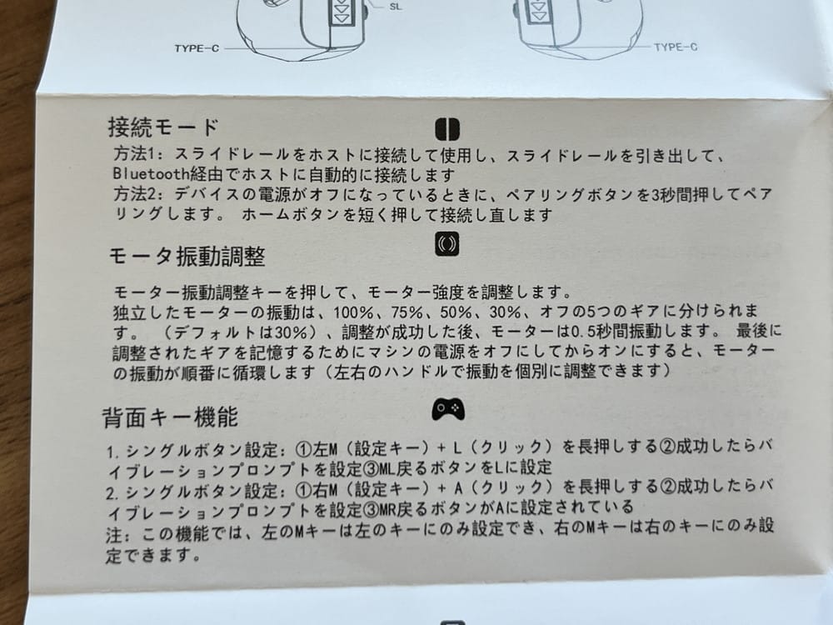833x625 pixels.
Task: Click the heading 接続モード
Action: tap(163, 127)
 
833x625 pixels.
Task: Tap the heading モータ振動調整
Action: tap(187, 256)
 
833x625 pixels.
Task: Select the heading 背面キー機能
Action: tap(170, 417)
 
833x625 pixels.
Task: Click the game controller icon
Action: tap(448, 408)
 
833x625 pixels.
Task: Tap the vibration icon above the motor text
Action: tap(446, 244)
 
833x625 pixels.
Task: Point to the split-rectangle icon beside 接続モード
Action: tap(447, 129)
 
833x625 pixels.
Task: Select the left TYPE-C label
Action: tap(197, 48)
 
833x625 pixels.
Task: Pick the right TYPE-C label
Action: tap(676, 47)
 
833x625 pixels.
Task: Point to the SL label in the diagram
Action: tap(396, 7)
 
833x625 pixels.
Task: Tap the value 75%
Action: tap(407, 312)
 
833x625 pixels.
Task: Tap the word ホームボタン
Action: tap(290, 215)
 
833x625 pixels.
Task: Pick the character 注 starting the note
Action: tap(114, 534)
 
